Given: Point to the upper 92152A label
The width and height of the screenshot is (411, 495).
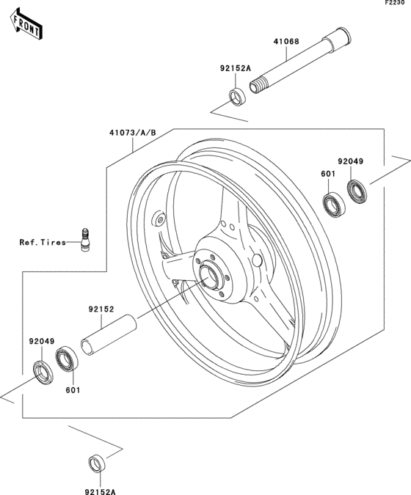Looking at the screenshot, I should pos(235,69).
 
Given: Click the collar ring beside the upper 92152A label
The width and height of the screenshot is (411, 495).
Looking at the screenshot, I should pos(238,96).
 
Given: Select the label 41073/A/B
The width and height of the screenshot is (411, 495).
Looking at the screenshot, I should pos(133,133).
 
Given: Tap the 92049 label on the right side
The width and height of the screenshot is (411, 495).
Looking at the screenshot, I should pos(350,161).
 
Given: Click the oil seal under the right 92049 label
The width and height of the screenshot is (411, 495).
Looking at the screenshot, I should pos(357,192).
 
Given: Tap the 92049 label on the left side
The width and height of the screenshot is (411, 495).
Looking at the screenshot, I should pos(42,342).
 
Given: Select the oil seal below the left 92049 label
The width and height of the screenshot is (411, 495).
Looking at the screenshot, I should pos(43,372).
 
